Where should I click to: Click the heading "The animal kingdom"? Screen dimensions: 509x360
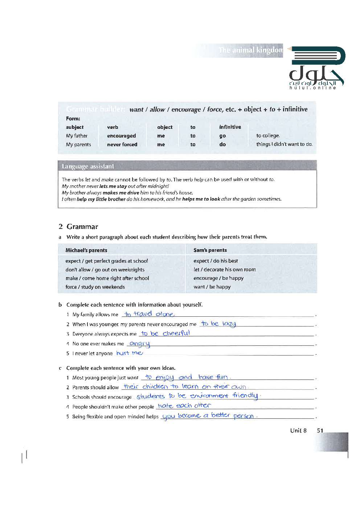[250, 50]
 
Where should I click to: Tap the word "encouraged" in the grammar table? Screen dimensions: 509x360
[121, 136]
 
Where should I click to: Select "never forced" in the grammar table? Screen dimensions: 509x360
[122, 144]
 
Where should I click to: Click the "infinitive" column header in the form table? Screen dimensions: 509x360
[230, 127]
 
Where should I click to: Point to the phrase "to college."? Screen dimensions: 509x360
[268, 136]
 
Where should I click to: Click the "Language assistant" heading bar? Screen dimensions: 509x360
[88, 166]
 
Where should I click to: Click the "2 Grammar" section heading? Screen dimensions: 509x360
[78, 227]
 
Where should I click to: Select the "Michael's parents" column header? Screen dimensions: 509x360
[86, 250]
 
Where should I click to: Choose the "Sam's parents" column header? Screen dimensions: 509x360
[210, 250]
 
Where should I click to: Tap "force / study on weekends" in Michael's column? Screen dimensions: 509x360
[95, 287]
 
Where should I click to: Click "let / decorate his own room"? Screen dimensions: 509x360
[225, 270]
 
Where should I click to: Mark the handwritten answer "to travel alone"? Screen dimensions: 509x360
[149, 314]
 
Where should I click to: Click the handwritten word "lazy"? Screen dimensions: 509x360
[229, 324]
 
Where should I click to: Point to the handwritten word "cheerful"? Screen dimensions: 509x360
[176, 333]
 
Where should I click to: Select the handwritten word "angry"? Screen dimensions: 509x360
[140, 343]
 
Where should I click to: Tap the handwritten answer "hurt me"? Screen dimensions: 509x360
[130, 353]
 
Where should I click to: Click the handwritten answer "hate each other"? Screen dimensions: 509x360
[184, 406]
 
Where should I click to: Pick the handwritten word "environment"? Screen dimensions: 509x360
[209, 396]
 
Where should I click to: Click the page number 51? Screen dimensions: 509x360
[320, 431]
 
